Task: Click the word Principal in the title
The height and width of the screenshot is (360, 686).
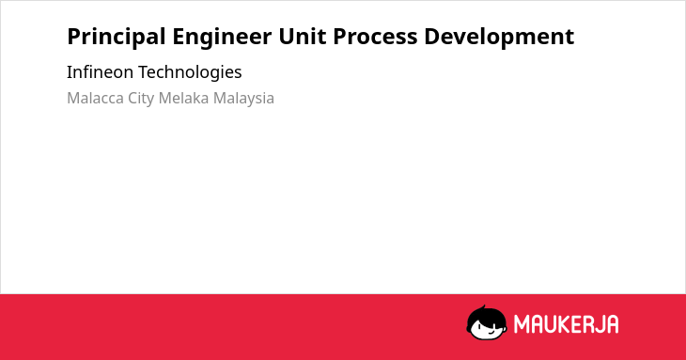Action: (x=117, y=37)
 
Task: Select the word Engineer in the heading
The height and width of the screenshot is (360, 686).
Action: (x=222, y=37)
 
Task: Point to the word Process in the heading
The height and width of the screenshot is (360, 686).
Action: (x=375, y=37)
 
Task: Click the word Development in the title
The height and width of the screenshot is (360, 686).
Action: (x=499, y=37)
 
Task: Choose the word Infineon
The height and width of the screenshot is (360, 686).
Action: (x=100, y=71)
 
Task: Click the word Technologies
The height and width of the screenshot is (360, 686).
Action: (x=190, y=72)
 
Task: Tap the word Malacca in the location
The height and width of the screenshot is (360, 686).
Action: (x=95, y=98)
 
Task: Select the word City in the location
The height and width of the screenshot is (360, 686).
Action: (x=141, y=99)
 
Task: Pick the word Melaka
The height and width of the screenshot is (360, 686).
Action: (x=183, y=98)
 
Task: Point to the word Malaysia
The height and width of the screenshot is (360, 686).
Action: (x=243, y=99)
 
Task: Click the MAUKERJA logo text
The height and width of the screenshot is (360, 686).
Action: (x=566, y=324)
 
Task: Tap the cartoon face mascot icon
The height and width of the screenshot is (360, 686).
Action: (x=487, y=322)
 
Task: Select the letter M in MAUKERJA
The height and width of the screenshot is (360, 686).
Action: (x=521, y=324)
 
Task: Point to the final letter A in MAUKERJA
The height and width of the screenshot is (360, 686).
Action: (x=613, y=324)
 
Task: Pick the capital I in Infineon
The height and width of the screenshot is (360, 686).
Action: (x=70, y=71)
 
